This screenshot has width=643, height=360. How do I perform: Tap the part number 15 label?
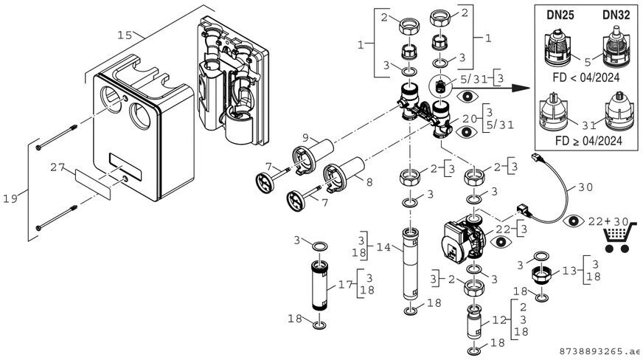pos(125,34)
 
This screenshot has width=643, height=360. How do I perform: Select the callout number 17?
pos(344,283)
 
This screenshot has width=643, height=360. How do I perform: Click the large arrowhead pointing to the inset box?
pos(524,88)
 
